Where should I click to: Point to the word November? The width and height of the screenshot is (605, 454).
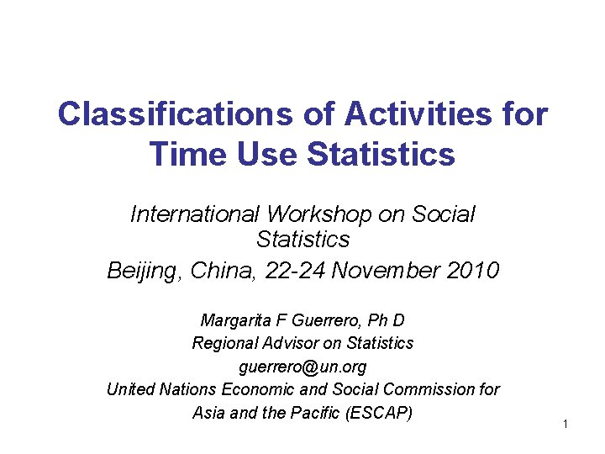click(x=393, y=271)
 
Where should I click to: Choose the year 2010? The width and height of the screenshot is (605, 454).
click(x=475, y=271)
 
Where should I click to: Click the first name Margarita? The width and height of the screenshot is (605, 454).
click(x=234, y=320)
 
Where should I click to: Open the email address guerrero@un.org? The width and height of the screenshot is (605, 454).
click(x=302, y=367)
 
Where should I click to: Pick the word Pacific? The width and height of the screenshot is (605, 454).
click(x=317, y=413)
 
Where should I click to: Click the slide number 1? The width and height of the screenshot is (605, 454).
click(x=566, y=424)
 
